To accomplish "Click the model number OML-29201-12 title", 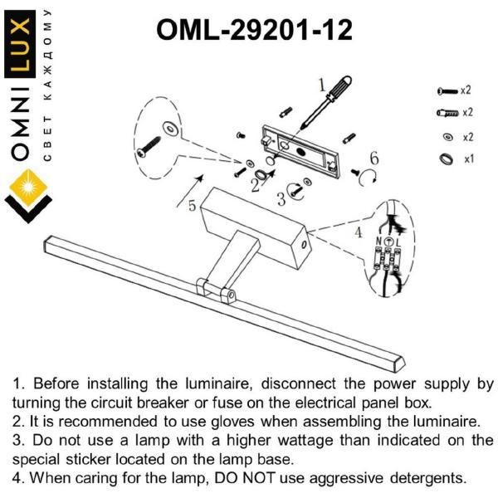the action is click(255, 30).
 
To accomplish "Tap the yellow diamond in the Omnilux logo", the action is click(28, 188).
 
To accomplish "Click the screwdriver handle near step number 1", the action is click(339, 86).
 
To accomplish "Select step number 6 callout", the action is click(374, 159).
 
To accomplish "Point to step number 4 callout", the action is click(359, 232).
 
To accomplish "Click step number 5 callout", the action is click(193, 206).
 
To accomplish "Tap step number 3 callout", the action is click(281, 199).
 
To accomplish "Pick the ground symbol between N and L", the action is click(388, 242).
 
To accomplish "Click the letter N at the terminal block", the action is click(379, 242).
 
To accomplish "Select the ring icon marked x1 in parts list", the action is click(447, 159).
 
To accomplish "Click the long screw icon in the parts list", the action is click(447, 91).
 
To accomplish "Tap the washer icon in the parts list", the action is click(448, 137).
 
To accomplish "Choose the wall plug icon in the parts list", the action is click(448, 113).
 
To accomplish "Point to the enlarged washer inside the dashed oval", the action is click(171, 129).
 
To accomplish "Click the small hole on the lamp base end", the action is click(303, 245).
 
